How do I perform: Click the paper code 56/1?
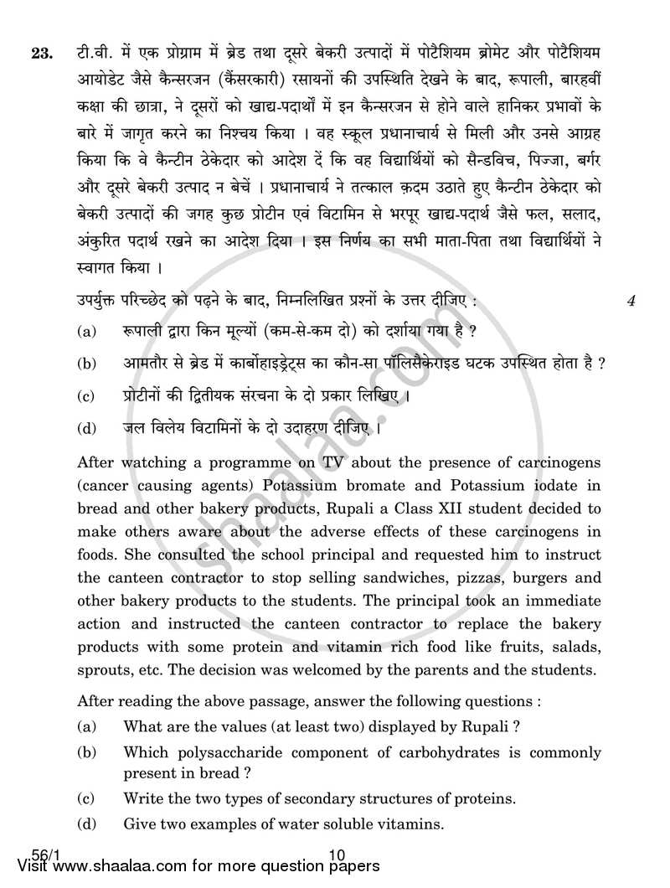[x=32, y=855]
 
